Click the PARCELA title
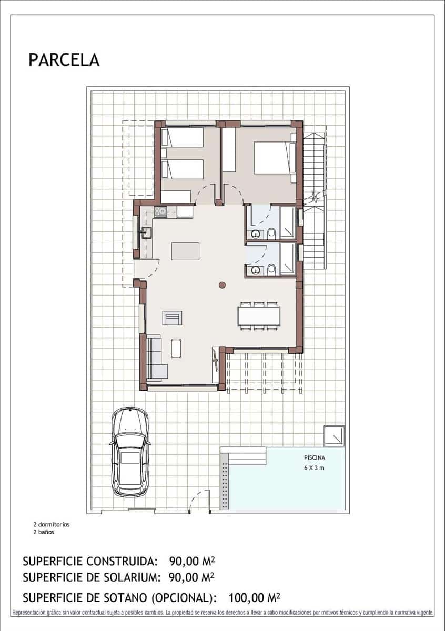click(x=64, y=60)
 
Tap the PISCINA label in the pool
click(x=314, y=458)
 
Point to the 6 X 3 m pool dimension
click(x=314, y=468)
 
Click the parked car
click(x=130, y=452)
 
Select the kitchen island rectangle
click(x=185, y=251)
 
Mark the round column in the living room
click(x=222, y=285)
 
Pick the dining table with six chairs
click(x=259, y=315)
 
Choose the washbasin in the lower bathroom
click(x=255, y=271)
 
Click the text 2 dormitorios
click(x=51, y=524)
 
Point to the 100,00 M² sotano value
click(x=254, y=597)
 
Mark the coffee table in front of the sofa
click(x=177, y=348)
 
